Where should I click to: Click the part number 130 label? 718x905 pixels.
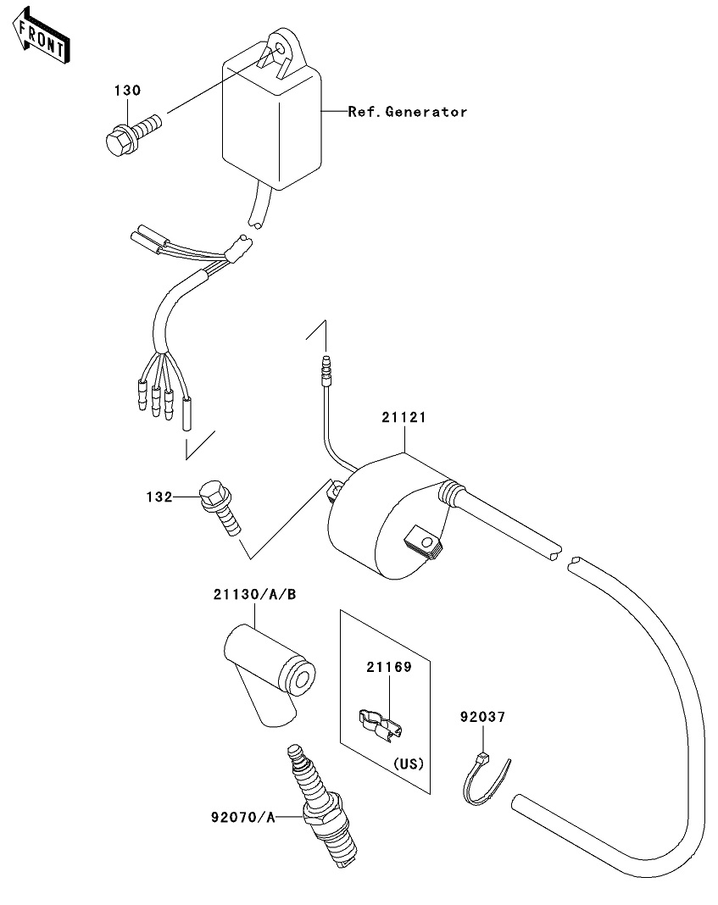[x=128, y=91]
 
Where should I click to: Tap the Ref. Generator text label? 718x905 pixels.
[x=407, y=112]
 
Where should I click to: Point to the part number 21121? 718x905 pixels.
[x=402, y=419]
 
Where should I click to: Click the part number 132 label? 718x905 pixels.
[x=159, y=497]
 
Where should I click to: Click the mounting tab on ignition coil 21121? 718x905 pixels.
[x=423, y=540]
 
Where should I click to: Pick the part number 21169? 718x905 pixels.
[x=388, y=668]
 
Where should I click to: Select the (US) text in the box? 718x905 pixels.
[x=409, y=763]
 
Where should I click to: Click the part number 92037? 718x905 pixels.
[x=482, y=718]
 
